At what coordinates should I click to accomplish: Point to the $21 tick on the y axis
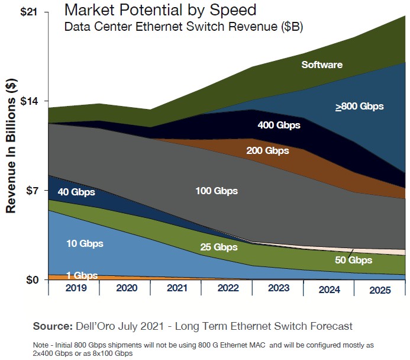tap(29, 11)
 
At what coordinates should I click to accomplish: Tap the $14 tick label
tap(29, 101)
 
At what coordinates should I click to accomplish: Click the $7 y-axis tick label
tap(31, 191)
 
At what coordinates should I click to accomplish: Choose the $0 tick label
tap(31, 280)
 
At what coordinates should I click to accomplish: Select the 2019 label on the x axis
tap(74, 288)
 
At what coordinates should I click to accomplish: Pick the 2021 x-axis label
tap(176, 288)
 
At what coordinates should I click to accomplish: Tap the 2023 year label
tap(277, 288)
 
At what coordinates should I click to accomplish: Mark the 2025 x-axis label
tap(379, 291)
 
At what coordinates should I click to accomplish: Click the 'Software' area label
tap(322, 65)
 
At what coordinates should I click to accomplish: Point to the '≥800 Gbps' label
tap(359, 107)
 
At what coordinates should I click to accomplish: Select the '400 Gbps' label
tap(279, 126)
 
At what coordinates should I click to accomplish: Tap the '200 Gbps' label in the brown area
tap(267, 150)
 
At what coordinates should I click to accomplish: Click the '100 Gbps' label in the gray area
tap(216, 191)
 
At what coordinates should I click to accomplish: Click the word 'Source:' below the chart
tap(53, 326)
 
